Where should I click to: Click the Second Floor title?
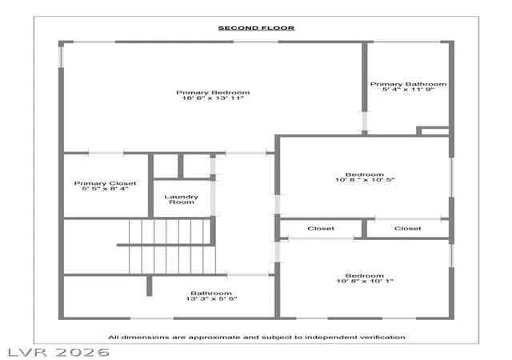click(x=256, y=28)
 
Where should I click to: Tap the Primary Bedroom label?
click(x=213, y=93)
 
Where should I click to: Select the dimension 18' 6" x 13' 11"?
click(x=213, y=98)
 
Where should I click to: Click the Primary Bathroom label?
click(x=408, y=84)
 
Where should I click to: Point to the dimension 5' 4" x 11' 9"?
click(x=408, y=90)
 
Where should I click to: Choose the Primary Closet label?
click(x=105, y=183)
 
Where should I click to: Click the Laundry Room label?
click(x=182, y=199)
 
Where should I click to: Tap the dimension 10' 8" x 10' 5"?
click(x=365, y=180)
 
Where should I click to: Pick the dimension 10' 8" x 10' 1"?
click(x=365, y=281)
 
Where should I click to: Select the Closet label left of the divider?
click(x=321, y=229)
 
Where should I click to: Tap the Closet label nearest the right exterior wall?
click(x=407, y=229)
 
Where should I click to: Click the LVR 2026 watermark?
click(x=58, y=353)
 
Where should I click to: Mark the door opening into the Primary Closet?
click(x=106, y=153)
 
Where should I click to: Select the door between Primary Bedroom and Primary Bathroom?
click(x=365, y=121)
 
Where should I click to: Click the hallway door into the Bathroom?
click(x=248, y=275)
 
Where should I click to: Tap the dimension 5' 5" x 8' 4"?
click(x=105, y=189)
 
